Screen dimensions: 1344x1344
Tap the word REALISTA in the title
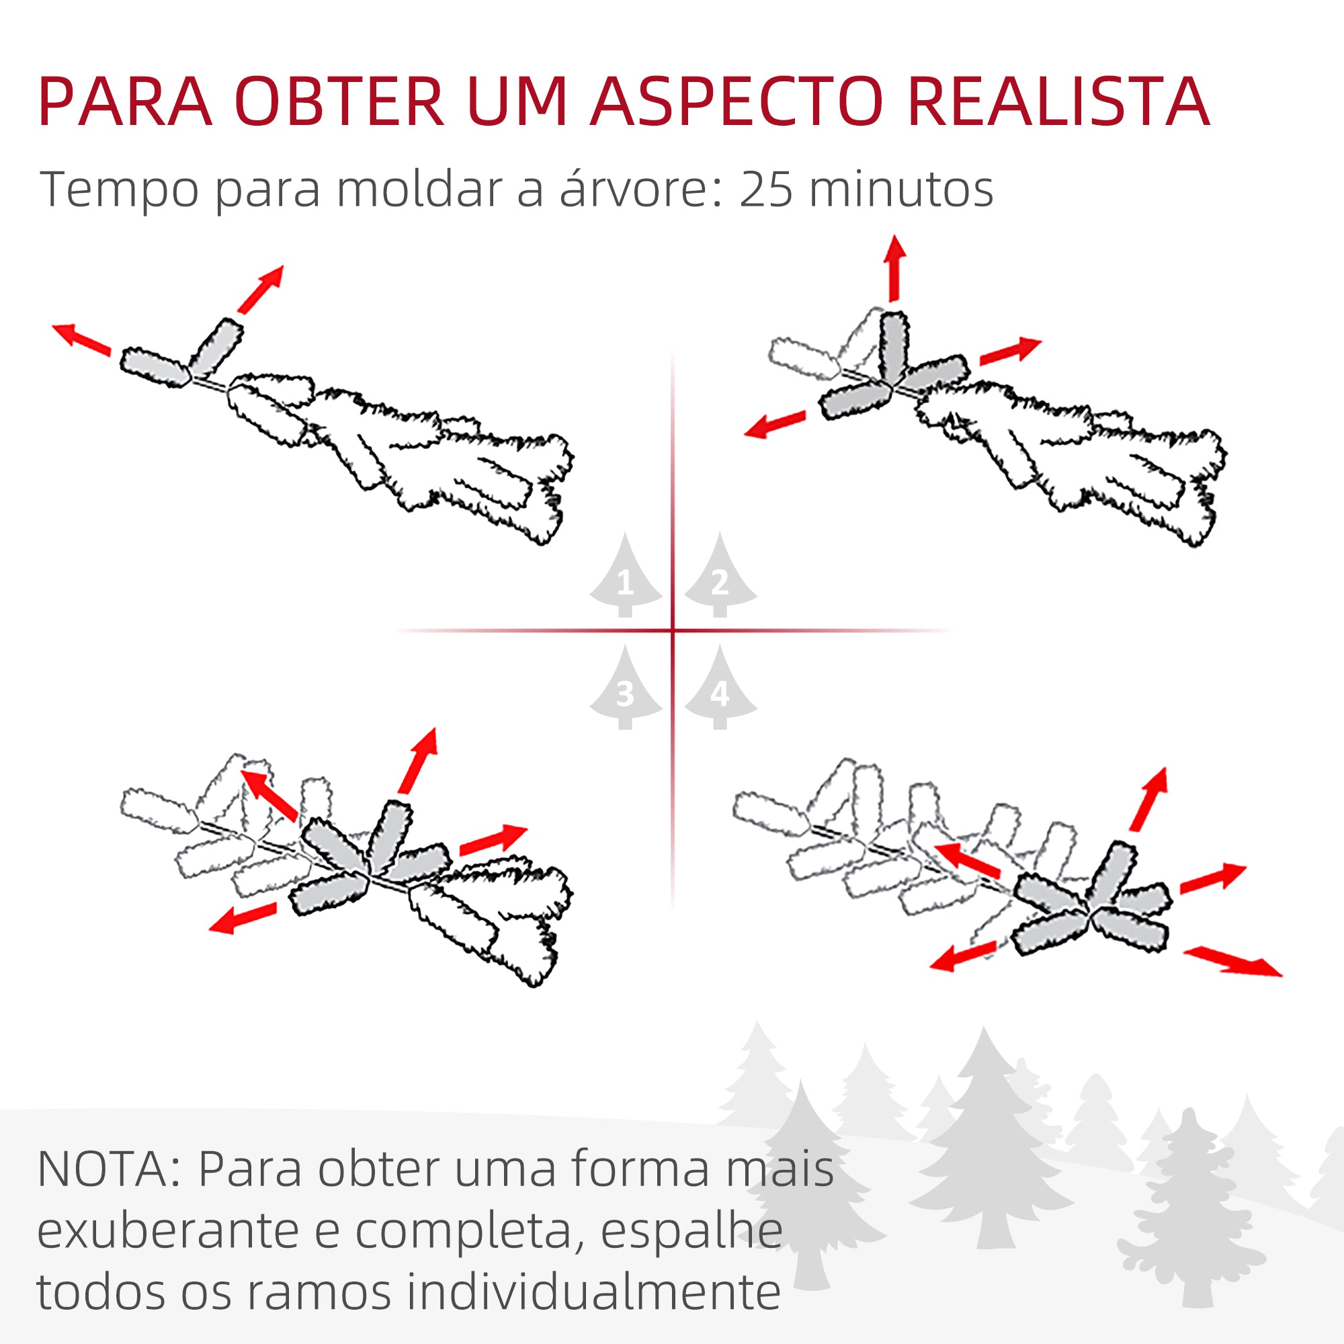(1058, 102)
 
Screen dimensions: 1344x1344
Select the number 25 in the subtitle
(766, 190)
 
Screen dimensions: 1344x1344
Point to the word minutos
(902, 190)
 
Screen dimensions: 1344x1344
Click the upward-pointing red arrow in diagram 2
(894, 269)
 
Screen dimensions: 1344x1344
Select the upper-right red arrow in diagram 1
(261, 289)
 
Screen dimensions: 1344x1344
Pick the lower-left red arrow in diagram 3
(243, 918)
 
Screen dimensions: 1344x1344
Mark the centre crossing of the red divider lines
(673, 630)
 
